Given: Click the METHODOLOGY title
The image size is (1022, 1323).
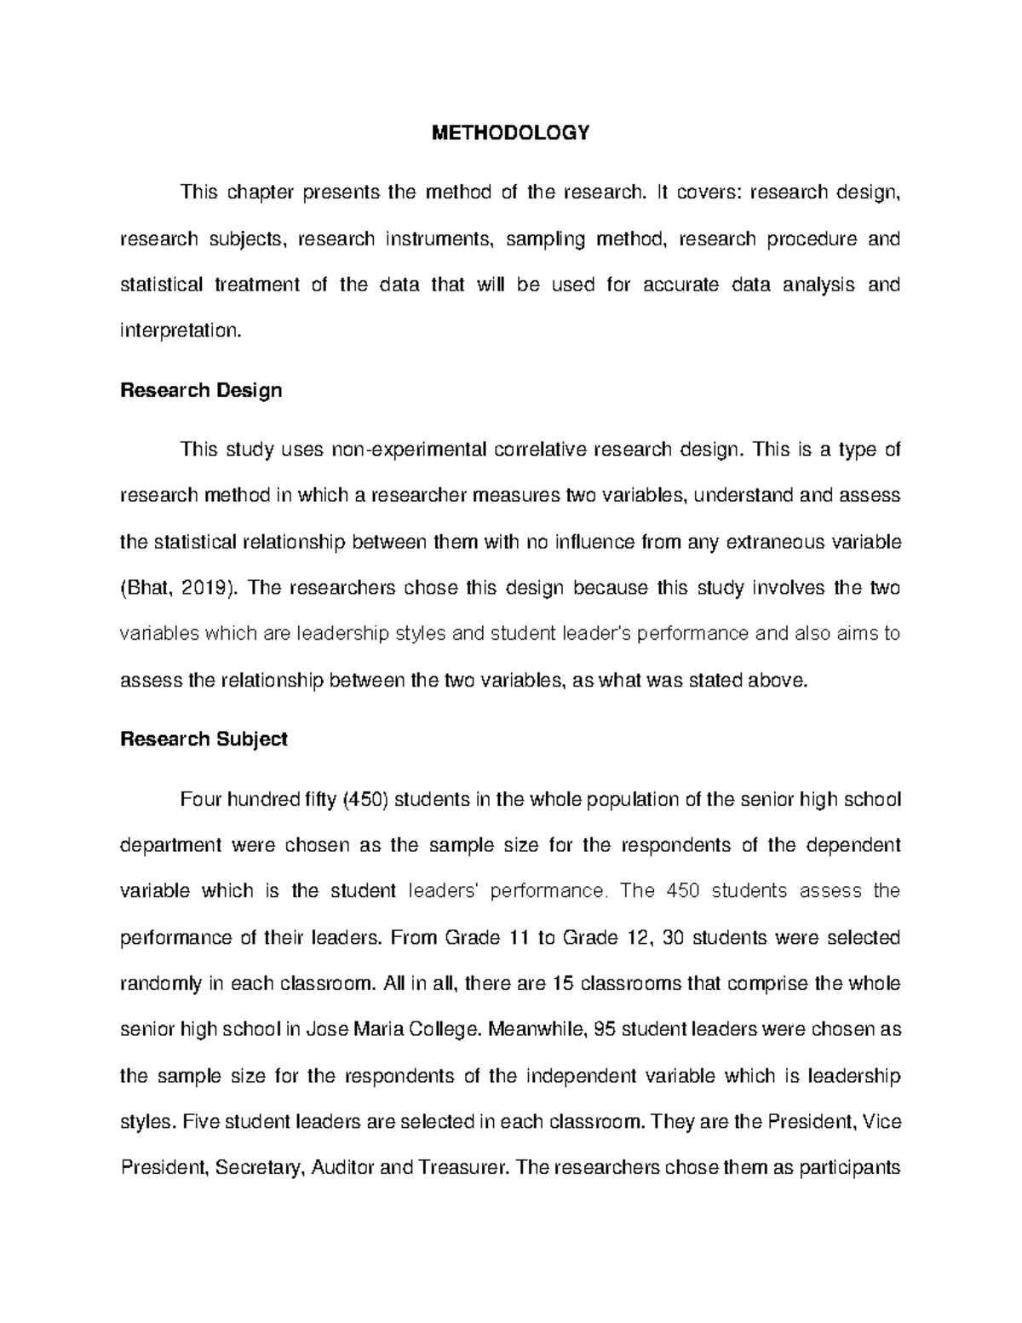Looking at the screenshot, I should click(x=510, y=133).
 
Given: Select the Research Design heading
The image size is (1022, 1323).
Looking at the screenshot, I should click(x=201, y=390).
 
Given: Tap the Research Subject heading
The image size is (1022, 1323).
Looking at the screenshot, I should click(x=204, y=739).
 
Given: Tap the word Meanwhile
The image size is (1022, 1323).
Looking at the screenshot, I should click(x=538, y=1029).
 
